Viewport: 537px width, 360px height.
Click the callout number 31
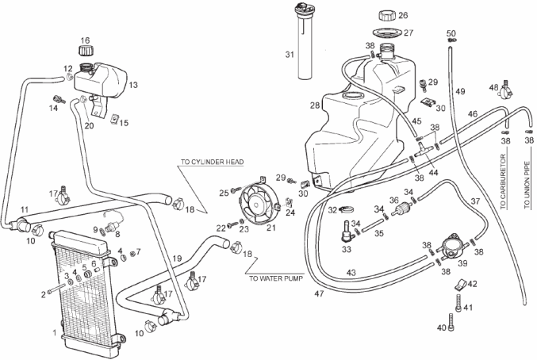(289, 54)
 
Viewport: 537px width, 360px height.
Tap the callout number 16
(85, 39)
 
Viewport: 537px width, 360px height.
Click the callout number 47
(319, 294)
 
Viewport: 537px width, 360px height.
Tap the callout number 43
(350, 274)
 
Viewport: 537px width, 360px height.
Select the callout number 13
(132, 84)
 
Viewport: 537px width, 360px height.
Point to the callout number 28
(315, 105)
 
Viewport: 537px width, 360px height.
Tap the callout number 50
(451, 33)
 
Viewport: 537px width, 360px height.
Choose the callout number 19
(178, 259)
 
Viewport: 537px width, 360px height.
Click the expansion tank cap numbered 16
(85, 52)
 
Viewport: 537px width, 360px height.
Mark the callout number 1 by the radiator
(54, 332)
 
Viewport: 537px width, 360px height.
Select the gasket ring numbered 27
(387, 33)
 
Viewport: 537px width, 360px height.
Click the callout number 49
(460, 91)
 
